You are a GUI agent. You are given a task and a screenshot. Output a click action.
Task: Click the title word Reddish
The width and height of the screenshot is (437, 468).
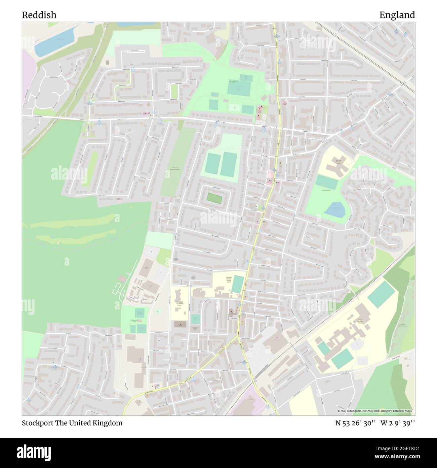tap(39, 15)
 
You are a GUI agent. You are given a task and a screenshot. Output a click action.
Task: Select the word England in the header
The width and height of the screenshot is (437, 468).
tap(397, 15)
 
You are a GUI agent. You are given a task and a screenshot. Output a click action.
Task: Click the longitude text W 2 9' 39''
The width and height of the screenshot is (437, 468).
tap(398, 423)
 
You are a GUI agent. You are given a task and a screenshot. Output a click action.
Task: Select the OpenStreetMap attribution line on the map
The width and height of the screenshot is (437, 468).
tap(376, 411)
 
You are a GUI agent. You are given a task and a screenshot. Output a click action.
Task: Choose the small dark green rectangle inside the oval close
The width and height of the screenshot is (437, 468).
tap(214, 198)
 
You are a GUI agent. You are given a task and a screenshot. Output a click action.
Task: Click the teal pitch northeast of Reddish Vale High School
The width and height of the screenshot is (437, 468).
tap(381, 294)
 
